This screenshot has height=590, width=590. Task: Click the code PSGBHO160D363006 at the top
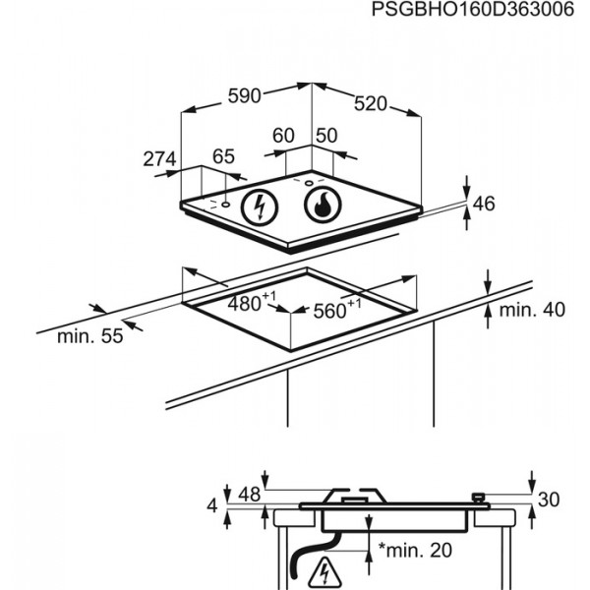473,10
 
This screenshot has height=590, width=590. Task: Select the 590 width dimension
245,96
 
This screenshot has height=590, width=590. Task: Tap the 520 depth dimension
371,104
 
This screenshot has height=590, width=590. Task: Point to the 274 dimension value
159,158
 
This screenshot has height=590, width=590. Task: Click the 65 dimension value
223,156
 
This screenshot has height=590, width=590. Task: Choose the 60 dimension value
283,136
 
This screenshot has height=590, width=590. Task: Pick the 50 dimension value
326,136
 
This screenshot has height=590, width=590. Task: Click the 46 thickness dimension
484,204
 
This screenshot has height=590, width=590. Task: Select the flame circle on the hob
323,205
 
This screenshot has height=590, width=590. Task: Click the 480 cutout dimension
252,302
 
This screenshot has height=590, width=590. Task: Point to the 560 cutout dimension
336,309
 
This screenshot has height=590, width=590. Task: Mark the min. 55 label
90,336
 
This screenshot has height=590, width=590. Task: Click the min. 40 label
532,310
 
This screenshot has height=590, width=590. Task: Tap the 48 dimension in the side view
250,495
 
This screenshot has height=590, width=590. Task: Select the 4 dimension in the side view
212,505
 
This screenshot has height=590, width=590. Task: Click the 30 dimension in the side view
549,500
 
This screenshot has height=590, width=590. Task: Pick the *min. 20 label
415,550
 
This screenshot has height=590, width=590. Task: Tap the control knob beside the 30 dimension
478,498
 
